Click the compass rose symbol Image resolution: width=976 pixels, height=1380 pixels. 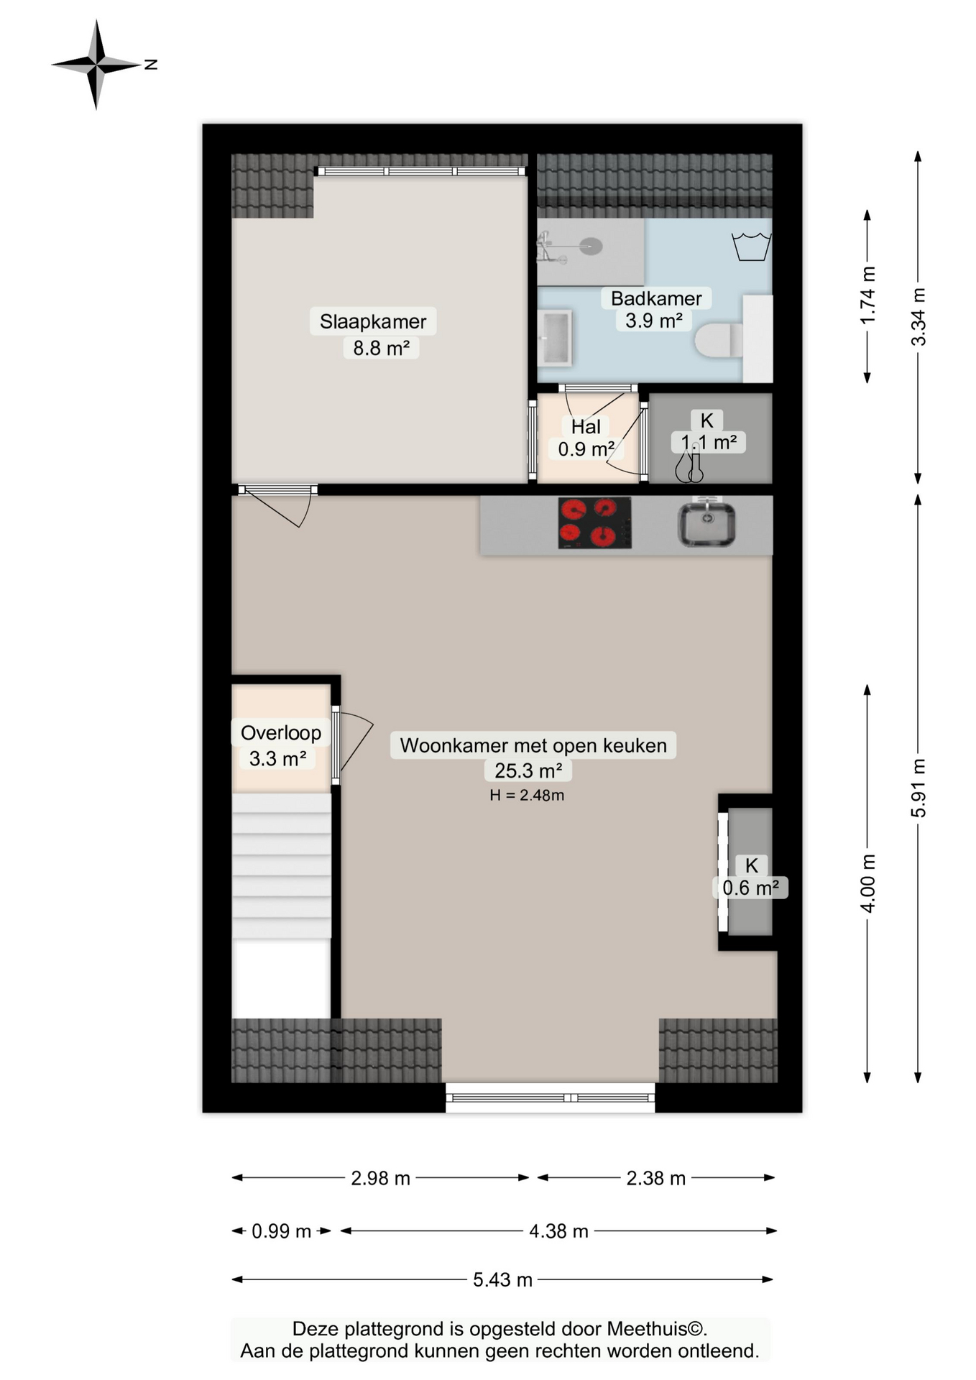pos(96,65)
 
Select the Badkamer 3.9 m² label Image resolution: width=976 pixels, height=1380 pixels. pos(655,309)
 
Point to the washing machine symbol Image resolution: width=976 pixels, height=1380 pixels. pos(751,246)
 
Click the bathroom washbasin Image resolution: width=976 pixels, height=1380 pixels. pos(555,336)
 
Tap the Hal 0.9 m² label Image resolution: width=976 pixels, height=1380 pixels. pos(586,438)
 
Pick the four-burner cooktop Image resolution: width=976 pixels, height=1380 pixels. pos(594,523)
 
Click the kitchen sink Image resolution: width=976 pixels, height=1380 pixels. pos(706,524)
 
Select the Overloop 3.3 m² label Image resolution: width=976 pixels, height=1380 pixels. pos(280,745)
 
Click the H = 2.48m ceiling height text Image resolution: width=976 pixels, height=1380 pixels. pos(526,795)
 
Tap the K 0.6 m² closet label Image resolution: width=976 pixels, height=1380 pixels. pos(751,877)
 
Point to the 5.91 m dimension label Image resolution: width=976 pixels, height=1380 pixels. pos(919,788)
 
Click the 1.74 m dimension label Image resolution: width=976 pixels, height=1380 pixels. pos(868,295)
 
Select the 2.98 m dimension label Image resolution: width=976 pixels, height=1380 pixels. pos(380,1178)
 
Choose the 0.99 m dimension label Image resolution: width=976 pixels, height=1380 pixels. pos(281,1231)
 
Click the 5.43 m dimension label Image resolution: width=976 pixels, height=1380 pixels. pos(502,1279)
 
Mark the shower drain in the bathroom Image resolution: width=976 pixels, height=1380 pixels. pos(591,247)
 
